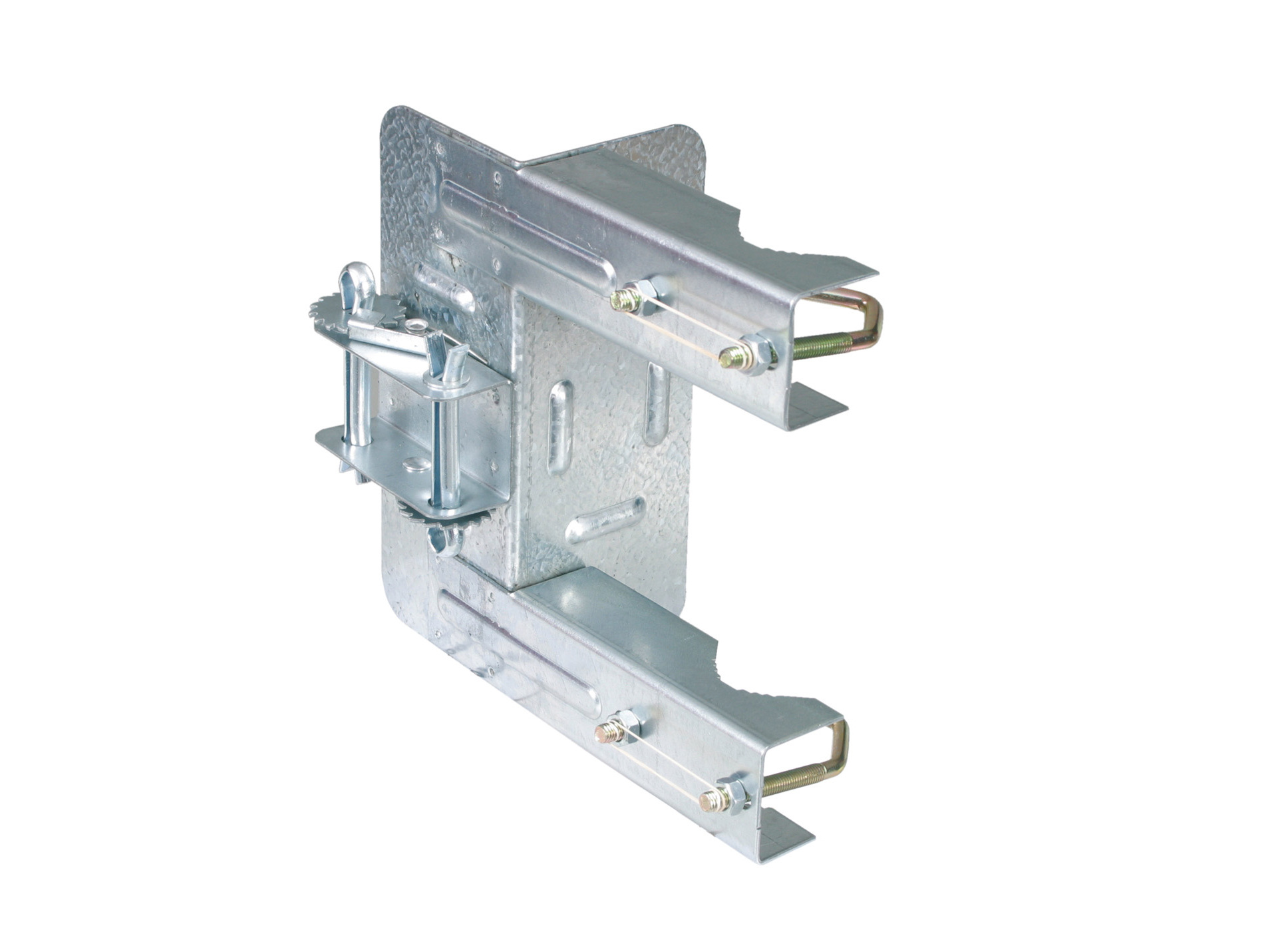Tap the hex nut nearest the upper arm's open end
click(758, 354)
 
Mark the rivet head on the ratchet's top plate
click(417, 325)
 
